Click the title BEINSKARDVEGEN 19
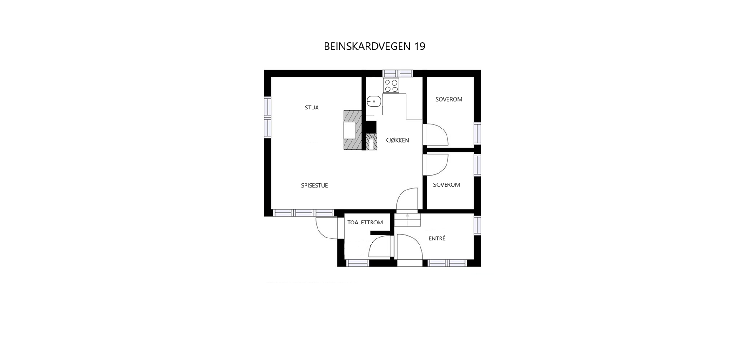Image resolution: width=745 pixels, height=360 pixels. click(374, 47)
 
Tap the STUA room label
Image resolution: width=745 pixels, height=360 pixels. click(312, 108)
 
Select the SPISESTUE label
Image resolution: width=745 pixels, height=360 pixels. click(314, 185)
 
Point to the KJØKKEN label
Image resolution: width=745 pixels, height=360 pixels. click(397, 140)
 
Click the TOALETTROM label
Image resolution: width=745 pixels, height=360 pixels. click(365, 223)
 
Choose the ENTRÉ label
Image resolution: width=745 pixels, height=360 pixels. click(437, 238)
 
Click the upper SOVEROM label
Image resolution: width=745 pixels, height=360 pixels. click(449, 99)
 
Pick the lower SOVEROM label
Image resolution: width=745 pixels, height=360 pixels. click(447, 185)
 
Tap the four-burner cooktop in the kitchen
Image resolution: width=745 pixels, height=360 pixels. click(391, 85)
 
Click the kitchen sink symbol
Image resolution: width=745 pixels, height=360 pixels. click(374, 101)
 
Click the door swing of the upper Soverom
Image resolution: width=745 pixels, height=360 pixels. click(437, 135)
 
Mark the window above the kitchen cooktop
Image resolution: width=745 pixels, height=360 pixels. click(398, 73)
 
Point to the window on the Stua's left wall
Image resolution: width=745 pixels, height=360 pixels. click(267, 116)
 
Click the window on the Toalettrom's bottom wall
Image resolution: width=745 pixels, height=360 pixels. click(358, 263)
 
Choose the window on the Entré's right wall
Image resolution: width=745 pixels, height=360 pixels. click(477, 225)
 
